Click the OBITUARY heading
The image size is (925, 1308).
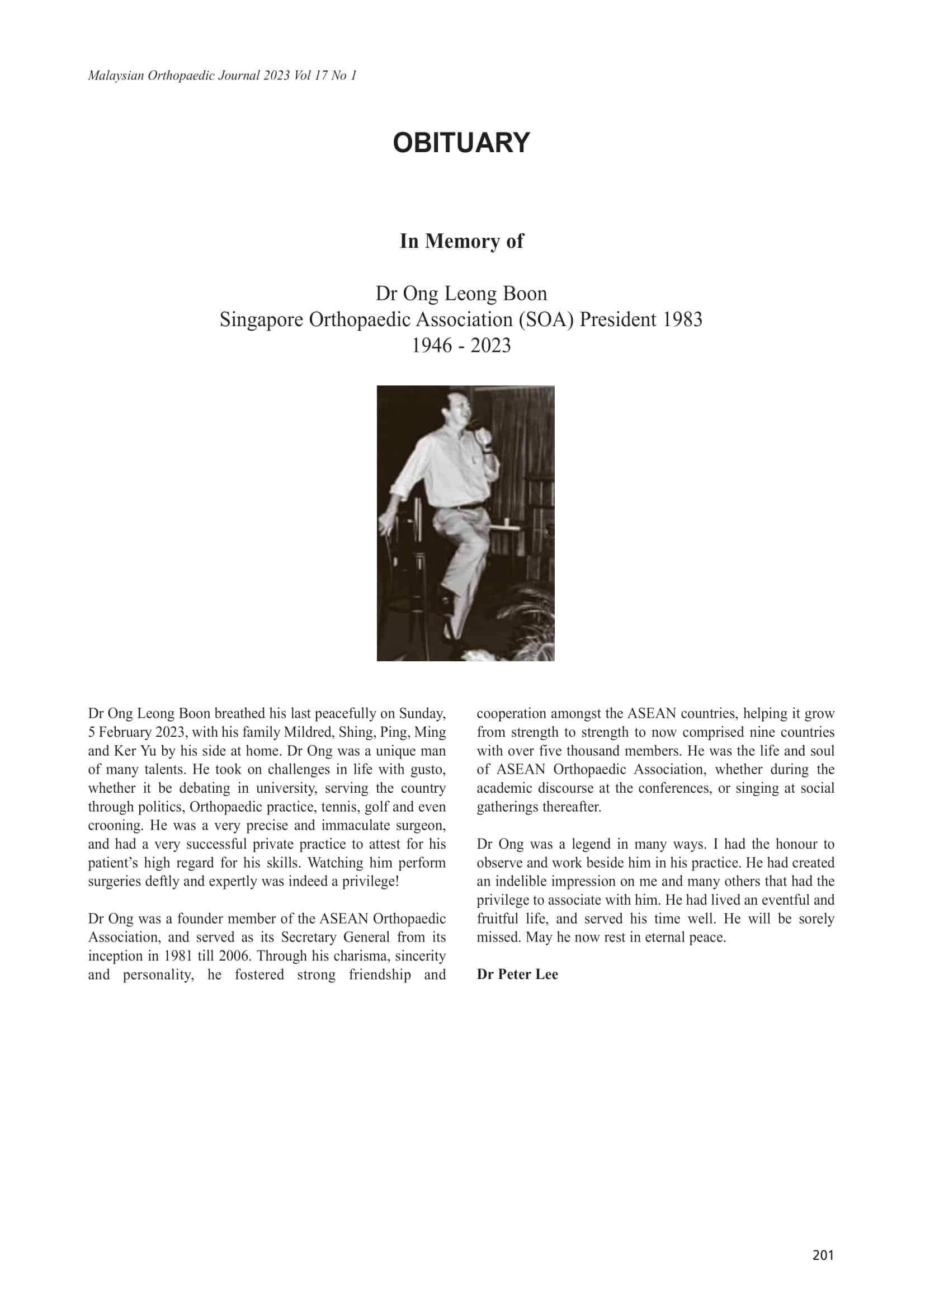pos(461,143)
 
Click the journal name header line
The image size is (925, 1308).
pos(222,76)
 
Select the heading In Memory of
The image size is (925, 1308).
pos(461,241)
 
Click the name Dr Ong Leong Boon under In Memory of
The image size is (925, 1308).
pos(461,293)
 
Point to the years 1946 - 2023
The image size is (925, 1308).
pos(461,345)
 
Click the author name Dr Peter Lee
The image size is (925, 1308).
pos(517,973)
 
